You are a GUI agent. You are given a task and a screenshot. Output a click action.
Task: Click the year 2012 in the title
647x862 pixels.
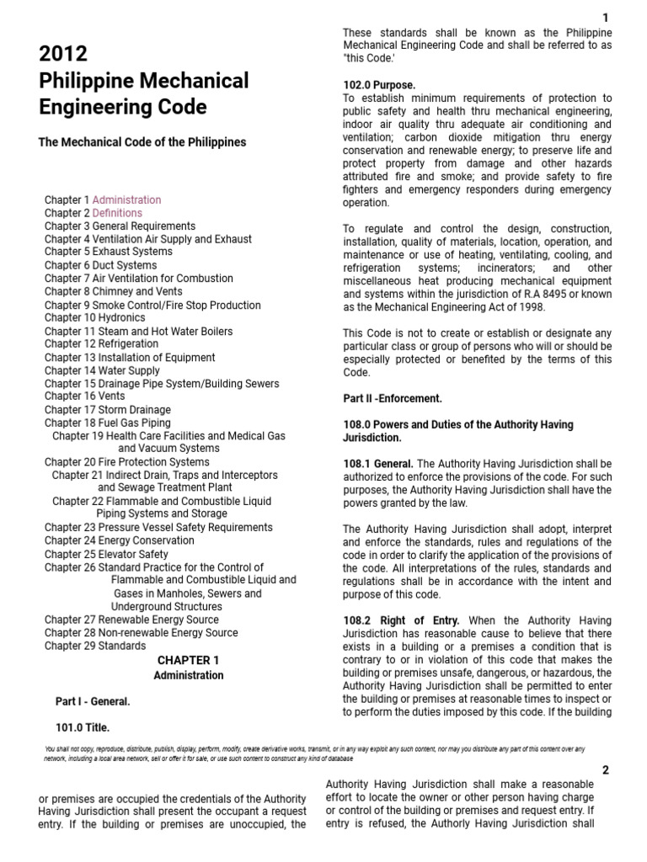(x=63, y=55)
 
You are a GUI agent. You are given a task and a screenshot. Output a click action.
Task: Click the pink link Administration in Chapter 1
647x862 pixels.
(x=126, y=200)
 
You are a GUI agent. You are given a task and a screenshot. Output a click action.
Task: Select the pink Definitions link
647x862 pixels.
(x=117, y=213)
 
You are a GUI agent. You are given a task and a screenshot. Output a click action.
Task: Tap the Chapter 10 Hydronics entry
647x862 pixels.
(x=94, y=318)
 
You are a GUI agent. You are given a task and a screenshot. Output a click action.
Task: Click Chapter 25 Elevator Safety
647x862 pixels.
(x=106, y=554)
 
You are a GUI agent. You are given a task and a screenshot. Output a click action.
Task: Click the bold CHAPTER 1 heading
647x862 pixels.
(x=188, y=660)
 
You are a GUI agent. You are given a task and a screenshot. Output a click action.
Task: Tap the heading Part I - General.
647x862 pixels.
(x=93, y=700)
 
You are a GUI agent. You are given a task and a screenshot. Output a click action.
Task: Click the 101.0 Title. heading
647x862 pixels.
(x=83, y=727)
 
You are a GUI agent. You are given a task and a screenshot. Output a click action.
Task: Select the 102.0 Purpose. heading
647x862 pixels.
(x=378, y=85)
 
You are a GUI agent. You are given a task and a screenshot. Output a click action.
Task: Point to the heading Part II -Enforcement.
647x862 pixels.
(x=392, y=398)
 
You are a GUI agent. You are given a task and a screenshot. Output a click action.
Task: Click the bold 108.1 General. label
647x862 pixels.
(x=377, y=464)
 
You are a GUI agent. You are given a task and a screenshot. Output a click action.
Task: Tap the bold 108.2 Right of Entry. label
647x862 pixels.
(x=401, y=620)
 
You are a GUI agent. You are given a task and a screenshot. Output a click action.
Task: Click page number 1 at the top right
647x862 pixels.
(x=605, y=19)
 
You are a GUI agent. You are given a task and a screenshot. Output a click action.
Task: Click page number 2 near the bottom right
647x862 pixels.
(x=605, y=769)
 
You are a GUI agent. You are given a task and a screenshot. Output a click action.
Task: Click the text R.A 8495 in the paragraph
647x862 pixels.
(x=546, y=294)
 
